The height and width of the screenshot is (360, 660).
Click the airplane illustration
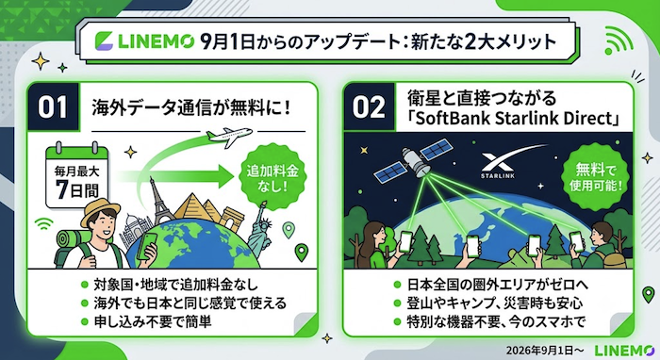pyautogui.click(x=229, y=136)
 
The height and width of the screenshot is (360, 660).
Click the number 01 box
pyautogui.click(x=53, y=106)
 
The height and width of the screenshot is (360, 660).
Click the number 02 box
pyautogui.click(x=370, y=106)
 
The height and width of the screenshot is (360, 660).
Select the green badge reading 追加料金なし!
pyautogui.click(x=272, y=176)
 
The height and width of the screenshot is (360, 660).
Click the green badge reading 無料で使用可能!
pyautogui.click(x=595, y=177)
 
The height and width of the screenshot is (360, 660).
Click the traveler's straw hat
pyautogui.click(x=100, y=211)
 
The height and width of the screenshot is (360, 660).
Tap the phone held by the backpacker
pyautogui.click(x=147, y=246)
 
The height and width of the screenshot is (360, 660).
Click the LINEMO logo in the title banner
pyautogui.click(x=144, y=41)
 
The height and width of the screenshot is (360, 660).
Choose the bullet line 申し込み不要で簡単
pyautogui.click(x=153, y=321)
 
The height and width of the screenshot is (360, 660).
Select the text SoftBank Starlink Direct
pyautogui.click(x=513, y=119)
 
